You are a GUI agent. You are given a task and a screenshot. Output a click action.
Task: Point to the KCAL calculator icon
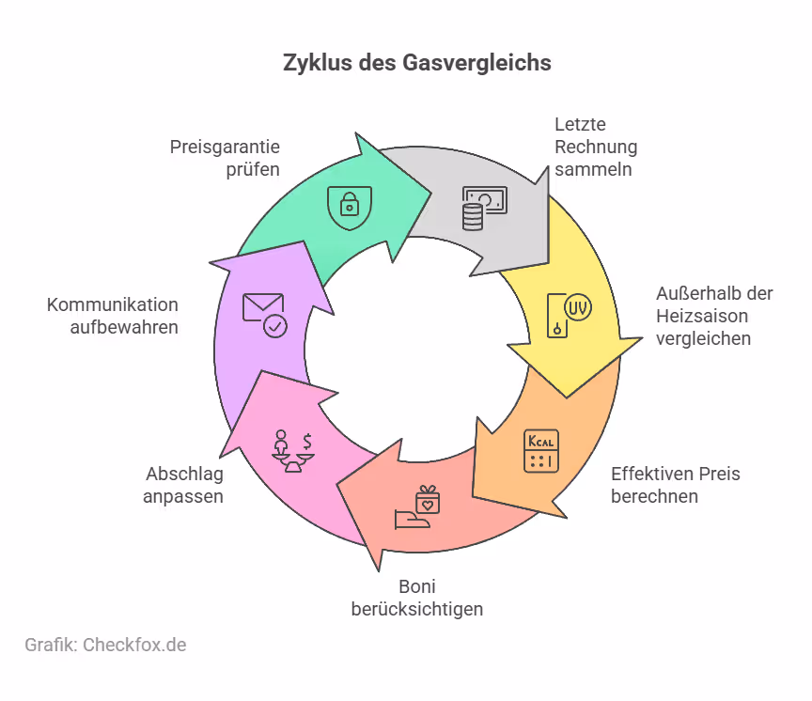540,450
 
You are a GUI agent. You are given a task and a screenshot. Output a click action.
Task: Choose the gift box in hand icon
420,507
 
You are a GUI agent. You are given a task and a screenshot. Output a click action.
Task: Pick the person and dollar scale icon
291,449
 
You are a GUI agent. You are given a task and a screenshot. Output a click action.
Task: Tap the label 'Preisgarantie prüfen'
225,158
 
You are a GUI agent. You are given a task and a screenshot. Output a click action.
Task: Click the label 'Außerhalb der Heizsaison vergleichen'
714,316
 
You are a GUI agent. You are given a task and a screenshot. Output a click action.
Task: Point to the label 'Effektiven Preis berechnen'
675,485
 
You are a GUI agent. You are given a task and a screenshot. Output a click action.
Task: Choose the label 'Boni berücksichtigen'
416,598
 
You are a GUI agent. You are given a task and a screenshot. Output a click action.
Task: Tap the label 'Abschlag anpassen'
184,485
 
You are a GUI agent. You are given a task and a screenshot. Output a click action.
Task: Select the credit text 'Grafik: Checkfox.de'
105,645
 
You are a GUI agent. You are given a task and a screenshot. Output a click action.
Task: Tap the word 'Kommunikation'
113,304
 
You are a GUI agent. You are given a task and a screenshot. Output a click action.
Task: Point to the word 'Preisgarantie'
225,147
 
